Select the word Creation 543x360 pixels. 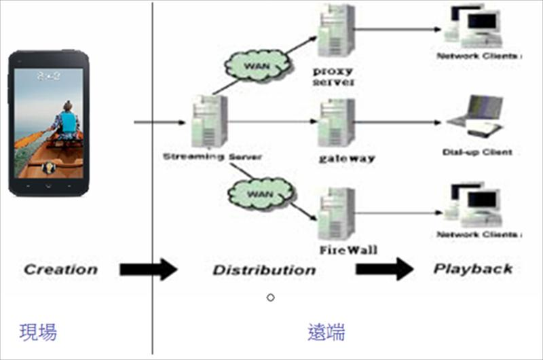point(60,270)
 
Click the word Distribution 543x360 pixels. point(264,270)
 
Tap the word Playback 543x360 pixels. point(473,269)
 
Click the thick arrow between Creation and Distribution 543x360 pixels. point(147,270)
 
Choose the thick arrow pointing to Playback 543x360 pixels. point(384,269)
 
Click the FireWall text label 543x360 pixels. point(348,249)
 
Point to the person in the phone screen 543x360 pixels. point(67,122)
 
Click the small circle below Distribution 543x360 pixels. point(270,298)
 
